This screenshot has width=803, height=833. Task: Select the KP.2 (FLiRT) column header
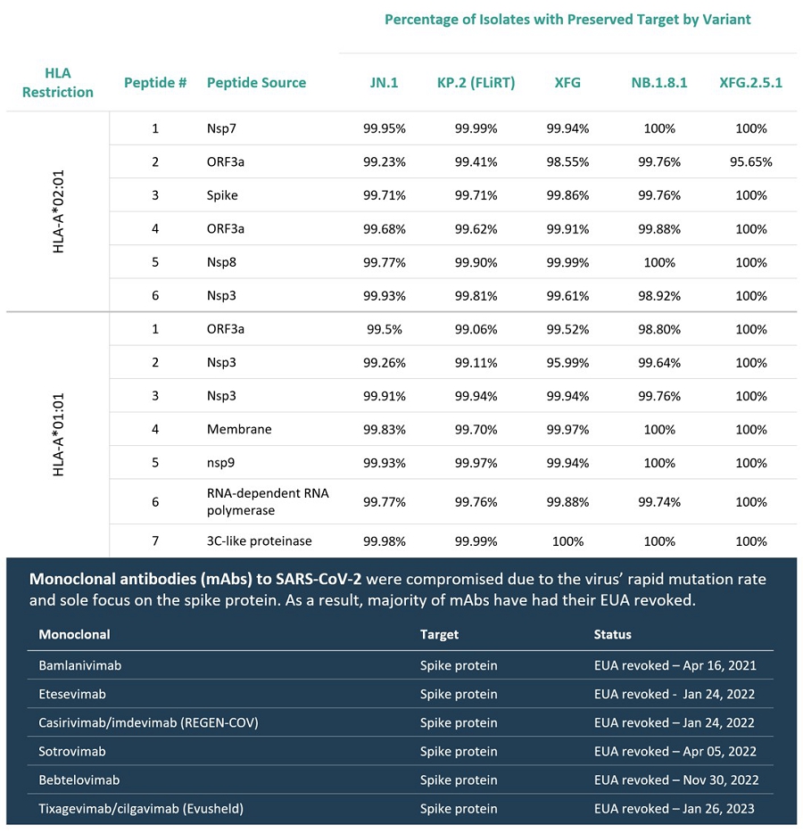(x=476, y=83)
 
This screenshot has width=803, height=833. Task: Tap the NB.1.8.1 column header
(x=659, y=83)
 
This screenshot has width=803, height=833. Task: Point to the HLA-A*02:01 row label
(x=59, y=212)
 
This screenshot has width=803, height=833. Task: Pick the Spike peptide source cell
(x=222, y=195)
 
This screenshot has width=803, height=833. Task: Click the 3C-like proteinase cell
(x=260, y=540)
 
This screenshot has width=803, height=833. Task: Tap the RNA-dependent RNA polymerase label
(x=267, y=501)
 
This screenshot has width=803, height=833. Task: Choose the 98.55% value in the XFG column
(x=567, y=162)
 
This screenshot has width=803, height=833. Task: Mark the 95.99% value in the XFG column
(x=567, y=362)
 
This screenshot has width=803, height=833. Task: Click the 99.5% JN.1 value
(x=384, y=329)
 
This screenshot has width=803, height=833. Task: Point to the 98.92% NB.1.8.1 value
(x=659, y=295)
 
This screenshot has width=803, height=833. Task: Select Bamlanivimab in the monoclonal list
(x=79, y=665)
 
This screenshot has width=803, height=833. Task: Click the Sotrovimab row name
(x=72, y=751)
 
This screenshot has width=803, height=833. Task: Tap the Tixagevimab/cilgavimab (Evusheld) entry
(x=141, y=809)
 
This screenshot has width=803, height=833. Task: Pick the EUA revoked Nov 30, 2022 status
(x=676, y=779)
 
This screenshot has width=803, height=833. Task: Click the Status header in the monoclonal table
(x=612, y=634)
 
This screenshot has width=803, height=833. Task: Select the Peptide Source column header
(x=256, y=83)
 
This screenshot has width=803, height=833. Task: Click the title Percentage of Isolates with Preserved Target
(x=567, y=20)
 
